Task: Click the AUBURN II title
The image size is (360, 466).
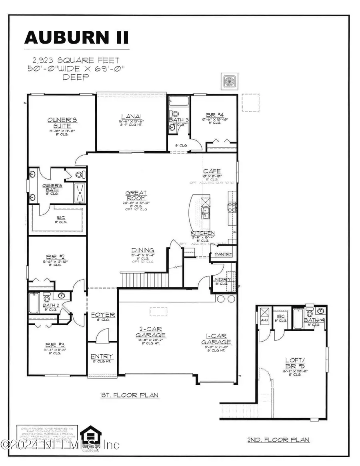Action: coord(76,37)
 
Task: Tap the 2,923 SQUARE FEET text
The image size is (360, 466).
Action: coord(76,61)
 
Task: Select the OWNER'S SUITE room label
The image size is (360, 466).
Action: coord(62,123)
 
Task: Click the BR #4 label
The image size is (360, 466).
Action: coord(213,114)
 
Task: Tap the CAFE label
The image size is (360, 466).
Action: coord(212,171)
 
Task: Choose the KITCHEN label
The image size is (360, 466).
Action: coord(202,233)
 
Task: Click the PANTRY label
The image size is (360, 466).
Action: coord(223,254)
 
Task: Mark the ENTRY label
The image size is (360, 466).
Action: coord(102,356)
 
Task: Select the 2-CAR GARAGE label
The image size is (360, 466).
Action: coord(150,332)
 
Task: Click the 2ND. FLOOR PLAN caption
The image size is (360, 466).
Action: coord(278,440)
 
